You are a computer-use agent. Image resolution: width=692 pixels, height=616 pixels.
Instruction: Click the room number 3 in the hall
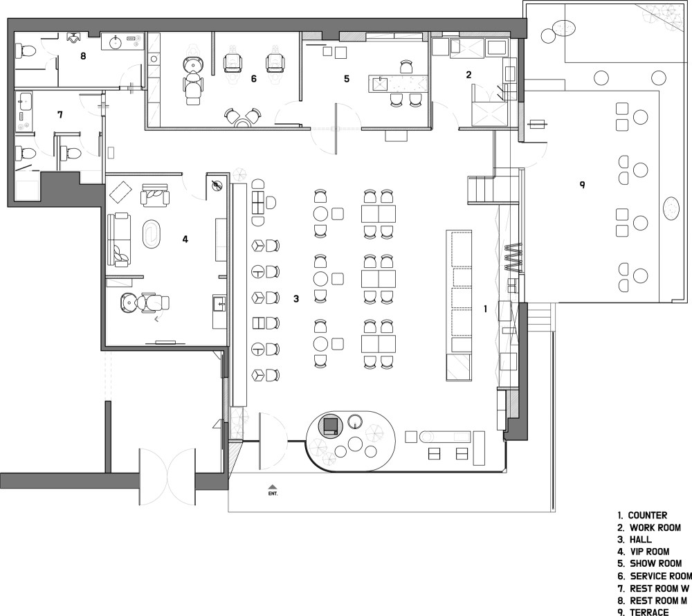[296, 299]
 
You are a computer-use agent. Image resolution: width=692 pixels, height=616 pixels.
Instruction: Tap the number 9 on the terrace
[582, 184]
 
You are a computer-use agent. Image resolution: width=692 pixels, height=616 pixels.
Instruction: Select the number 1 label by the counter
[486, 309]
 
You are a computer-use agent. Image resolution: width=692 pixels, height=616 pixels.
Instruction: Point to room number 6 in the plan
[254, 79]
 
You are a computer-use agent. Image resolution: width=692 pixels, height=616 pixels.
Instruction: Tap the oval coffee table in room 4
[150, 233]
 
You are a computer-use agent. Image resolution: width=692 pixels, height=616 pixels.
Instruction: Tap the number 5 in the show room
[347, 79]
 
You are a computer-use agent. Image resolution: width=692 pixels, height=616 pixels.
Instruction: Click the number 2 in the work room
[468, 75]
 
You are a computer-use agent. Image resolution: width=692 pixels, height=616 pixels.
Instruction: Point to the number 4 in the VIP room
[185, 239]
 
